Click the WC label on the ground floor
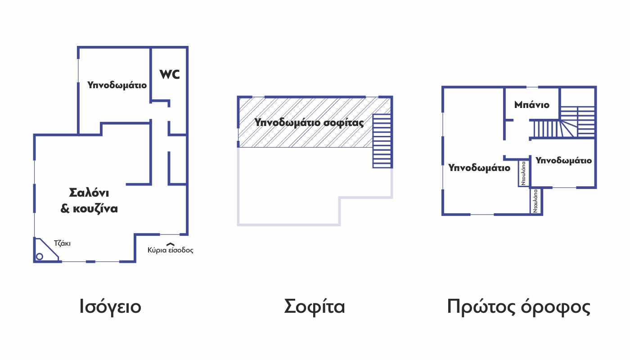point(170,75)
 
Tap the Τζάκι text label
point(62,243)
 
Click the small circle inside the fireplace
point(40,256)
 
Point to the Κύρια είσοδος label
point(171,250)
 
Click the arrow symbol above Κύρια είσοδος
point(171,244)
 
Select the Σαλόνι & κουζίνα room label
point(89,201)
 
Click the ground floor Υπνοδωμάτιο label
point(117,85)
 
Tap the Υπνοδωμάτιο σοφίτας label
point(309,122)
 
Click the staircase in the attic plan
point(382,141)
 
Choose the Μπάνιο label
point(532,105)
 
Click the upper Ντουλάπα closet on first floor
point(523,173)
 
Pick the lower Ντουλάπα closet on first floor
point(535,201)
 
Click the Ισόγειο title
point(110,307)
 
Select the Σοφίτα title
point(314,306)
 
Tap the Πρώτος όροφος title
point(518,307)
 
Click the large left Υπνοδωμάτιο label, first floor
point(479,168)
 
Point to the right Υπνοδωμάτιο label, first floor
point(563,161)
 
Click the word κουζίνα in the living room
point(95,209)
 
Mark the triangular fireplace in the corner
point(46,250)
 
